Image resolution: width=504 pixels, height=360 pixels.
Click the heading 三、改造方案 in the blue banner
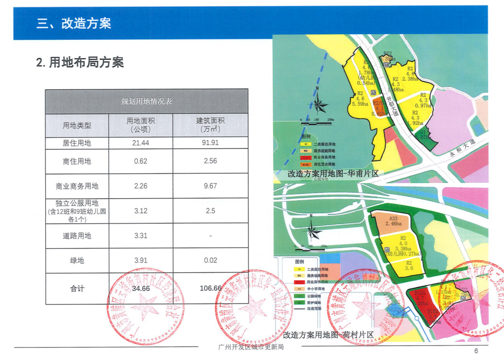click(74, 23)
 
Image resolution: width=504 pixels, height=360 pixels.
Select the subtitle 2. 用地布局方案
click(80, 62)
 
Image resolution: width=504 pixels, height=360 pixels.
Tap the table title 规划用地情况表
click(147, 101)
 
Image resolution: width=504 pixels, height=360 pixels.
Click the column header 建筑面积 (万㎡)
click(210, 125)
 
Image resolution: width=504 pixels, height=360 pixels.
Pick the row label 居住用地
click(77, 143)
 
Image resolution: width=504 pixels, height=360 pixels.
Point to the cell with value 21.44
click(140, 143)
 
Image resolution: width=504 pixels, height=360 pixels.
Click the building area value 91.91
click(210, 143)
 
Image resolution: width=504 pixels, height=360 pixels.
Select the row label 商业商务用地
click(77, 186)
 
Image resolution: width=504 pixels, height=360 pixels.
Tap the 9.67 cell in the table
click(210, 186)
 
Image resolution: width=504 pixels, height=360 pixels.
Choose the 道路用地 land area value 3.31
click(140, 235)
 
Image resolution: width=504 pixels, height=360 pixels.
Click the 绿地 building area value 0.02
click(210, 260)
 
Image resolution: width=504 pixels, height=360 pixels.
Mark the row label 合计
click(77, 289)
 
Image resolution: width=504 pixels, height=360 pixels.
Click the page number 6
click(476, 351)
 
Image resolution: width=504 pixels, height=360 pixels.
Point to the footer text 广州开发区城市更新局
click(251, 347)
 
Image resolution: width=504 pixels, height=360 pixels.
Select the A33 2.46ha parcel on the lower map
click(393, 221)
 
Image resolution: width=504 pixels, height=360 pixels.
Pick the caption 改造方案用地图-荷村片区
click(329, 335)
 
